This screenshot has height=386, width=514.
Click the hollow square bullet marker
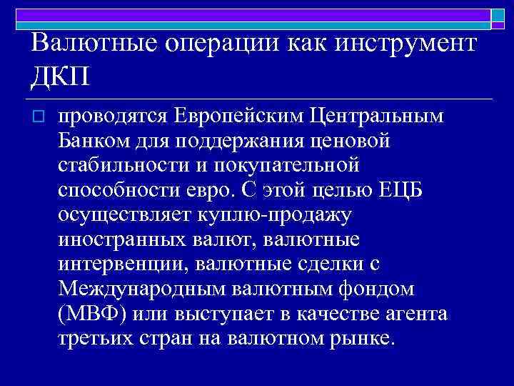point(39,117)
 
